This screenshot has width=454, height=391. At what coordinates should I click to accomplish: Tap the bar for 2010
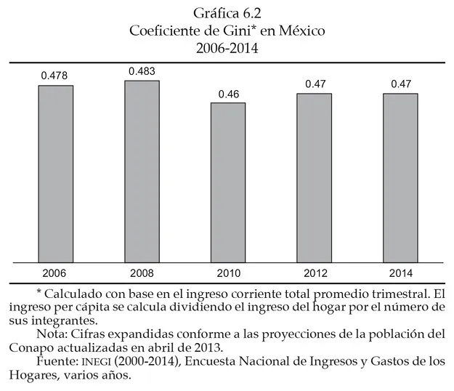point(228,182)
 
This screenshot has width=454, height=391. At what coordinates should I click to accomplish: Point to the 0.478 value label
point(55,76)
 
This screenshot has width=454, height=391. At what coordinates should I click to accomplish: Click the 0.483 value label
point(142,70)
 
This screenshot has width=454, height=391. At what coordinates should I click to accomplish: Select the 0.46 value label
point(228,94)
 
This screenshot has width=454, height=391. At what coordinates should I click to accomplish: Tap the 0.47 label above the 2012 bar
point(315,84)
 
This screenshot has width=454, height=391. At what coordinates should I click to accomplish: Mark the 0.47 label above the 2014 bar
point(400,84)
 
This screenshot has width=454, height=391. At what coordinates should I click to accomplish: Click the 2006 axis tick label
point(55,273)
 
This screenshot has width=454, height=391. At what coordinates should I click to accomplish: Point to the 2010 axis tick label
point(228,273)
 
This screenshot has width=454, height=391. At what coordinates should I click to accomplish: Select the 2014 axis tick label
point(400,273)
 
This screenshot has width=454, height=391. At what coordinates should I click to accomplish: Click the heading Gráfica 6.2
point(227,14)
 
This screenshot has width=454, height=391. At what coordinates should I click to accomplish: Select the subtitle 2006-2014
point(227,49)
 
